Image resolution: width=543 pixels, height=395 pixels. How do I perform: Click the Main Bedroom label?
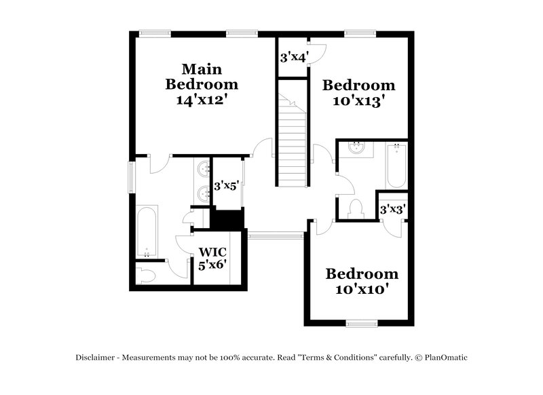202,77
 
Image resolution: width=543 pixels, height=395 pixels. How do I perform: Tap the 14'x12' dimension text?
202,100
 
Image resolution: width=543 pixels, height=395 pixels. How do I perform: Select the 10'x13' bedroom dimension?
358,102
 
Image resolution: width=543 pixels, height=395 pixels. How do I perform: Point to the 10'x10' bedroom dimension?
362,290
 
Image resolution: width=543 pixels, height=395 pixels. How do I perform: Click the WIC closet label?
212,252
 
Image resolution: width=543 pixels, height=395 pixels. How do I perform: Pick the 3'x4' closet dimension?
293,58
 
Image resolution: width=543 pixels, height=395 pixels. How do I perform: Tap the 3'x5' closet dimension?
226,185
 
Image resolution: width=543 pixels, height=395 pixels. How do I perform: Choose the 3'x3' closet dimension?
392,210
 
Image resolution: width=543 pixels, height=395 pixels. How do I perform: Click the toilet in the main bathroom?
146,274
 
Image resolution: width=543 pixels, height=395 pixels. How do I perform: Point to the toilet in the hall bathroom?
356,210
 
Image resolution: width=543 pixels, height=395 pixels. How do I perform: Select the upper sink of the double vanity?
203,169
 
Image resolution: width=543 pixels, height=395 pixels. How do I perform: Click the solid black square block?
227,219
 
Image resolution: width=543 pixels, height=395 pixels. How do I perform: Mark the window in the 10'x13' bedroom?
360,32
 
